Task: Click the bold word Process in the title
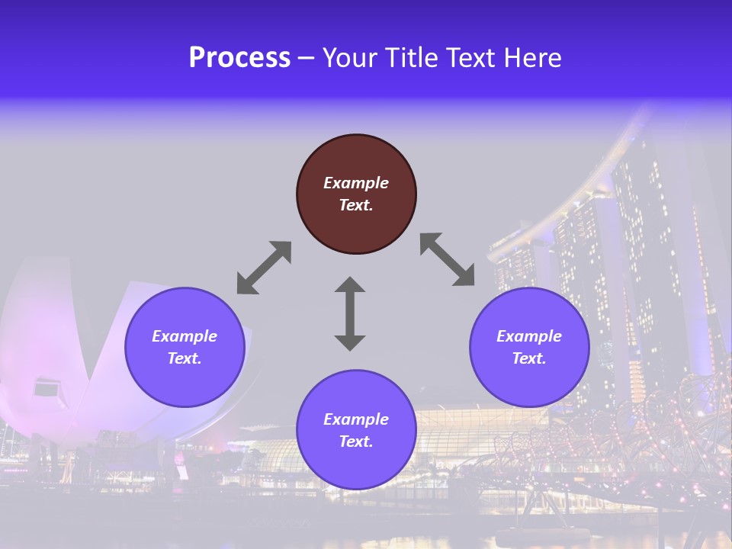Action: [239, 58]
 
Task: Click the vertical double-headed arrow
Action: [350, 313]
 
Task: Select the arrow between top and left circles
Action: [264, 268]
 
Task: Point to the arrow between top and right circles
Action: [448, 259]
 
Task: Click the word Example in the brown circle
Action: [356, 183]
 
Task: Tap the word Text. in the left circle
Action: [185, 358]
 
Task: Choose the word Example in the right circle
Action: [529, 336]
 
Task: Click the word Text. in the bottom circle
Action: [356, 441]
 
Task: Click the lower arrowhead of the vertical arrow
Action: [350, 342]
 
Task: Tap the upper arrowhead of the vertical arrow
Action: [350, 286]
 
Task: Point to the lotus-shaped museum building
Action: [69, 358]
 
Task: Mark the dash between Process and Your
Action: [306, 59]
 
